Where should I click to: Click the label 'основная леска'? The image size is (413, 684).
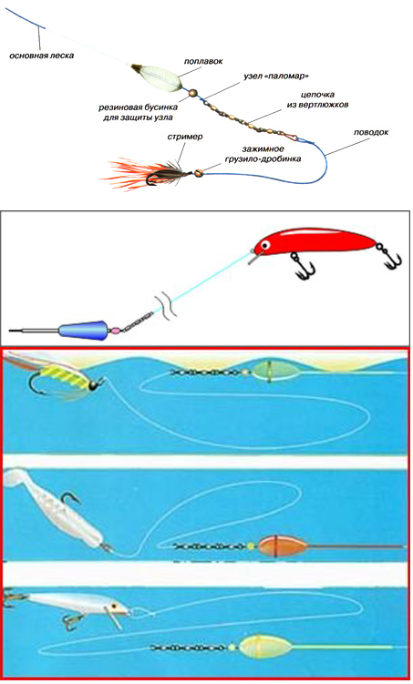pyautogui.click(x=40, y=56)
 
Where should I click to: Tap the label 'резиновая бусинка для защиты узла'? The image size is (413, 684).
pyautogui.click(x=136, y=111)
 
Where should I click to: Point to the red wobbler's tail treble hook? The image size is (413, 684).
pyautogui.click(x=391, y=260)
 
